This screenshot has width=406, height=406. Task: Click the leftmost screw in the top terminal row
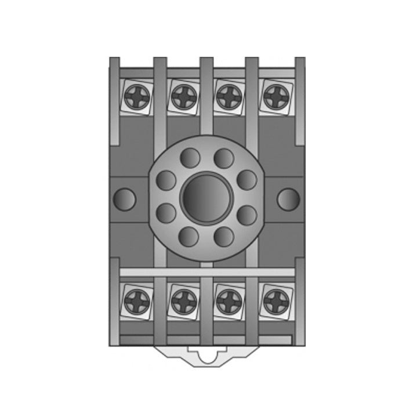pos(138,96)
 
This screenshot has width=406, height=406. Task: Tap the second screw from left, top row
pos(183,96)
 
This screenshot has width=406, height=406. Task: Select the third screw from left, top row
pos(229,96)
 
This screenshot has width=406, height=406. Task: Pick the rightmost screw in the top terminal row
pos(274,96)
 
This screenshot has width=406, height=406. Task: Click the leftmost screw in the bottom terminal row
pos(138,300)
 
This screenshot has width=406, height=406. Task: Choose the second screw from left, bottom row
pos(183,300)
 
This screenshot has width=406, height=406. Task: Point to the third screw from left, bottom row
pos(229,300)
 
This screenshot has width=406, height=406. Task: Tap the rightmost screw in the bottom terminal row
pos(274,300)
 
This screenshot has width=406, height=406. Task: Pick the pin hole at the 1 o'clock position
pos(224,158)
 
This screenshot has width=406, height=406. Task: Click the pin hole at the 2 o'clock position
pos(247,180)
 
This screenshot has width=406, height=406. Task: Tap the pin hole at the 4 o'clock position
pos(247,215)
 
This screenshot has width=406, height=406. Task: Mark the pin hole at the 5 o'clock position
pos(224,236)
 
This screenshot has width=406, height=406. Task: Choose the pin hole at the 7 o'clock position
pos(189,236)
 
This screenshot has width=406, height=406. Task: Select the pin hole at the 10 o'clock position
pos(166,180)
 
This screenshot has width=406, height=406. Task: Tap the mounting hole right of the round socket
pos(288,199)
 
